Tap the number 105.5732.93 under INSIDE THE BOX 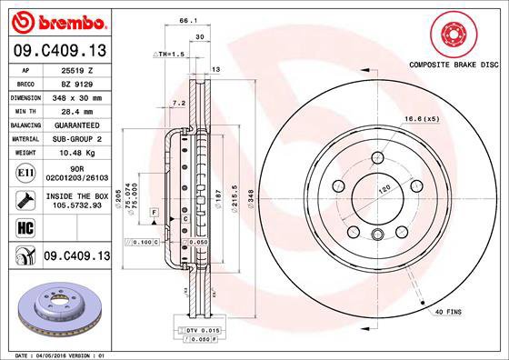[77, 205]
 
